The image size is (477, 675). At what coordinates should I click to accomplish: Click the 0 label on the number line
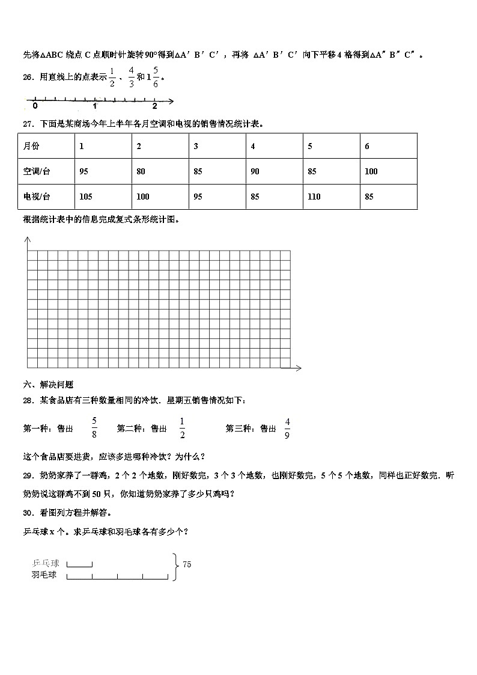coord(35,106)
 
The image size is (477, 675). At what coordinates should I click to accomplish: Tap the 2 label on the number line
coord(154,106)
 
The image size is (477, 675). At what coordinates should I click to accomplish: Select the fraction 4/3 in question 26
coord(132,77)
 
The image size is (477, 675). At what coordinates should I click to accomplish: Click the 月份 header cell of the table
coord(31,146)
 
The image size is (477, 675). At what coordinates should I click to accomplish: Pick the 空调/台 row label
coord(37,171)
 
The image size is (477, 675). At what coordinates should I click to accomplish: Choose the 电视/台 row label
coord(37,197)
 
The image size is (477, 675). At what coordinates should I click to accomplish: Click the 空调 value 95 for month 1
coord(84,171)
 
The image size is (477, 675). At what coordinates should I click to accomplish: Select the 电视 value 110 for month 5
coord(314,197)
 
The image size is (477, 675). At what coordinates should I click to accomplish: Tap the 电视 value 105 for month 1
coord(85,197)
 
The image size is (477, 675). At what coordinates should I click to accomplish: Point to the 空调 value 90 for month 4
coord(255,171)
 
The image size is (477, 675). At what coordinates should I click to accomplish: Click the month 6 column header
coord(367,146)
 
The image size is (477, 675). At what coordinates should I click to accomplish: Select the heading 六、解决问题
coord(47,385)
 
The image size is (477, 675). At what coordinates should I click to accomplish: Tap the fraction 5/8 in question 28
coord(94,429)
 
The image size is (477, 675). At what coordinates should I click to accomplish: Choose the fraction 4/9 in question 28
coord(287,429)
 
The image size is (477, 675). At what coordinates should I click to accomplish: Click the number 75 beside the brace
coord(187,564)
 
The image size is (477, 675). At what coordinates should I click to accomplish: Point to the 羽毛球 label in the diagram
coord(44,575)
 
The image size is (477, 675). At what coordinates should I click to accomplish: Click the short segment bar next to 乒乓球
coord(79,564)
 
